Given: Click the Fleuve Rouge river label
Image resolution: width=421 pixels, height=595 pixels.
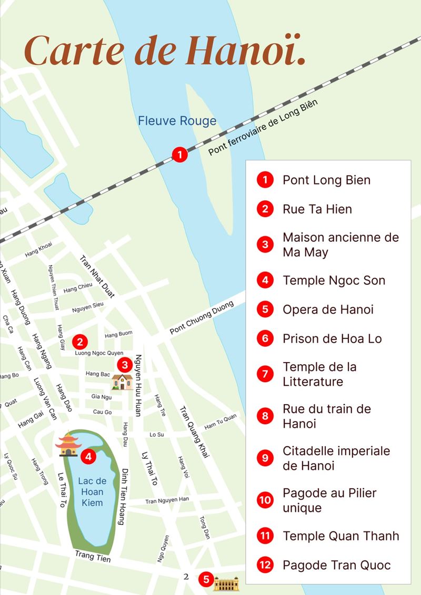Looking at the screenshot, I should click(177, 121).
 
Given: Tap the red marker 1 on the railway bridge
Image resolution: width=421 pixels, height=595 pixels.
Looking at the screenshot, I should click(180, 155).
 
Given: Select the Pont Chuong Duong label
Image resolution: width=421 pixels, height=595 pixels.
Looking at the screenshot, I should click(194, 321).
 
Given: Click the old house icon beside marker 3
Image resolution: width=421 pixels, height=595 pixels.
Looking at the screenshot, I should click(122, 382).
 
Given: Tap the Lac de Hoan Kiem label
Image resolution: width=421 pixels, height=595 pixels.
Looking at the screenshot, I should click(92, 492).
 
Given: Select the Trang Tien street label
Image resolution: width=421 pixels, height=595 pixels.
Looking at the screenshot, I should click(93, 556).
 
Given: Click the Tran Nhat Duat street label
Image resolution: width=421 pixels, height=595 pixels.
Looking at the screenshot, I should click(96, 276).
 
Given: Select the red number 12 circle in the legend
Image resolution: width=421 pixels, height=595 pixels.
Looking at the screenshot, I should click(265, 566).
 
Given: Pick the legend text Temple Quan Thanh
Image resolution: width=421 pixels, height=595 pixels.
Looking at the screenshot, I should click(340, 536).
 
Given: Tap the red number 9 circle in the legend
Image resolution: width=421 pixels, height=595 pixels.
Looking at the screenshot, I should click(265, 458).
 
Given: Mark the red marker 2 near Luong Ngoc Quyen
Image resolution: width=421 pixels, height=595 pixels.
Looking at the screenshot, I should click(79, 342).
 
